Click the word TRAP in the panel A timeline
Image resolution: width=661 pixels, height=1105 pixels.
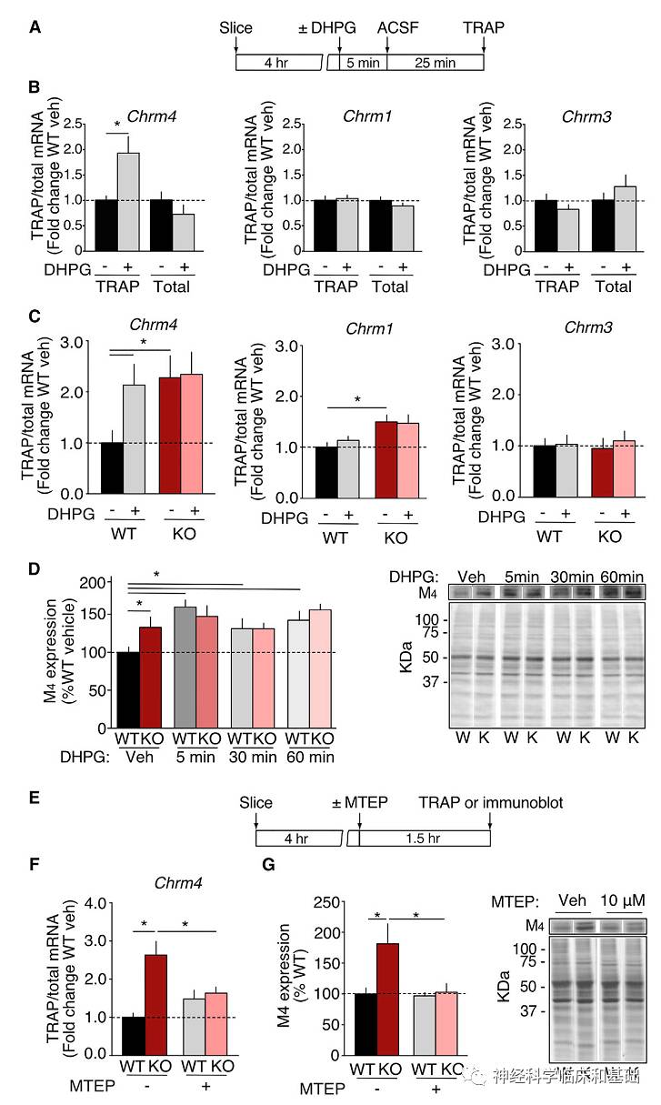482,27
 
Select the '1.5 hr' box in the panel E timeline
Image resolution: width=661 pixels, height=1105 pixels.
425,838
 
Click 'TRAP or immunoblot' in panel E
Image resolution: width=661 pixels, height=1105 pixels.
491,802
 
